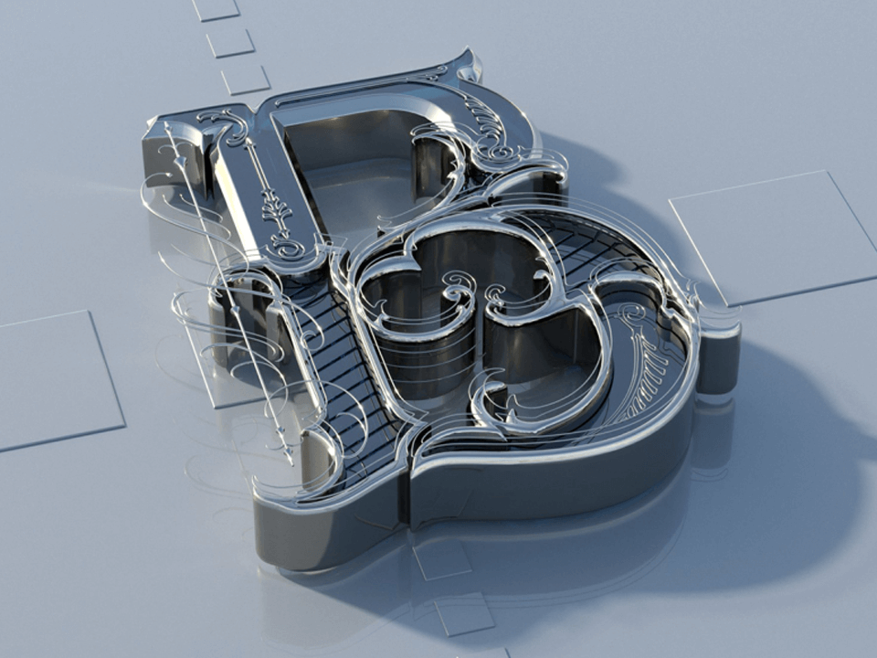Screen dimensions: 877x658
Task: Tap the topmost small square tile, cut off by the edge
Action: (216, 9)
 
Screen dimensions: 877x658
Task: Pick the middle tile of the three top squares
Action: (230, 43)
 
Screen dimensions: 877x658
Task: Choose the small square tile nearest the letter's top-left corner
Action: (246, 80)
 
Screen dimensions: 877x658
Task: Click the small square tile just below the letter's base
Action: (442, 558)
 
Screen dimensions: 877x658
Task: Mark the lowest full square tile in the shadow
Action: (464, 614)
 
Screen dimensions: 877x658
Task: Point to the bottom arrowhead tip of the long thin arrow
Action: (291, 462)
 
